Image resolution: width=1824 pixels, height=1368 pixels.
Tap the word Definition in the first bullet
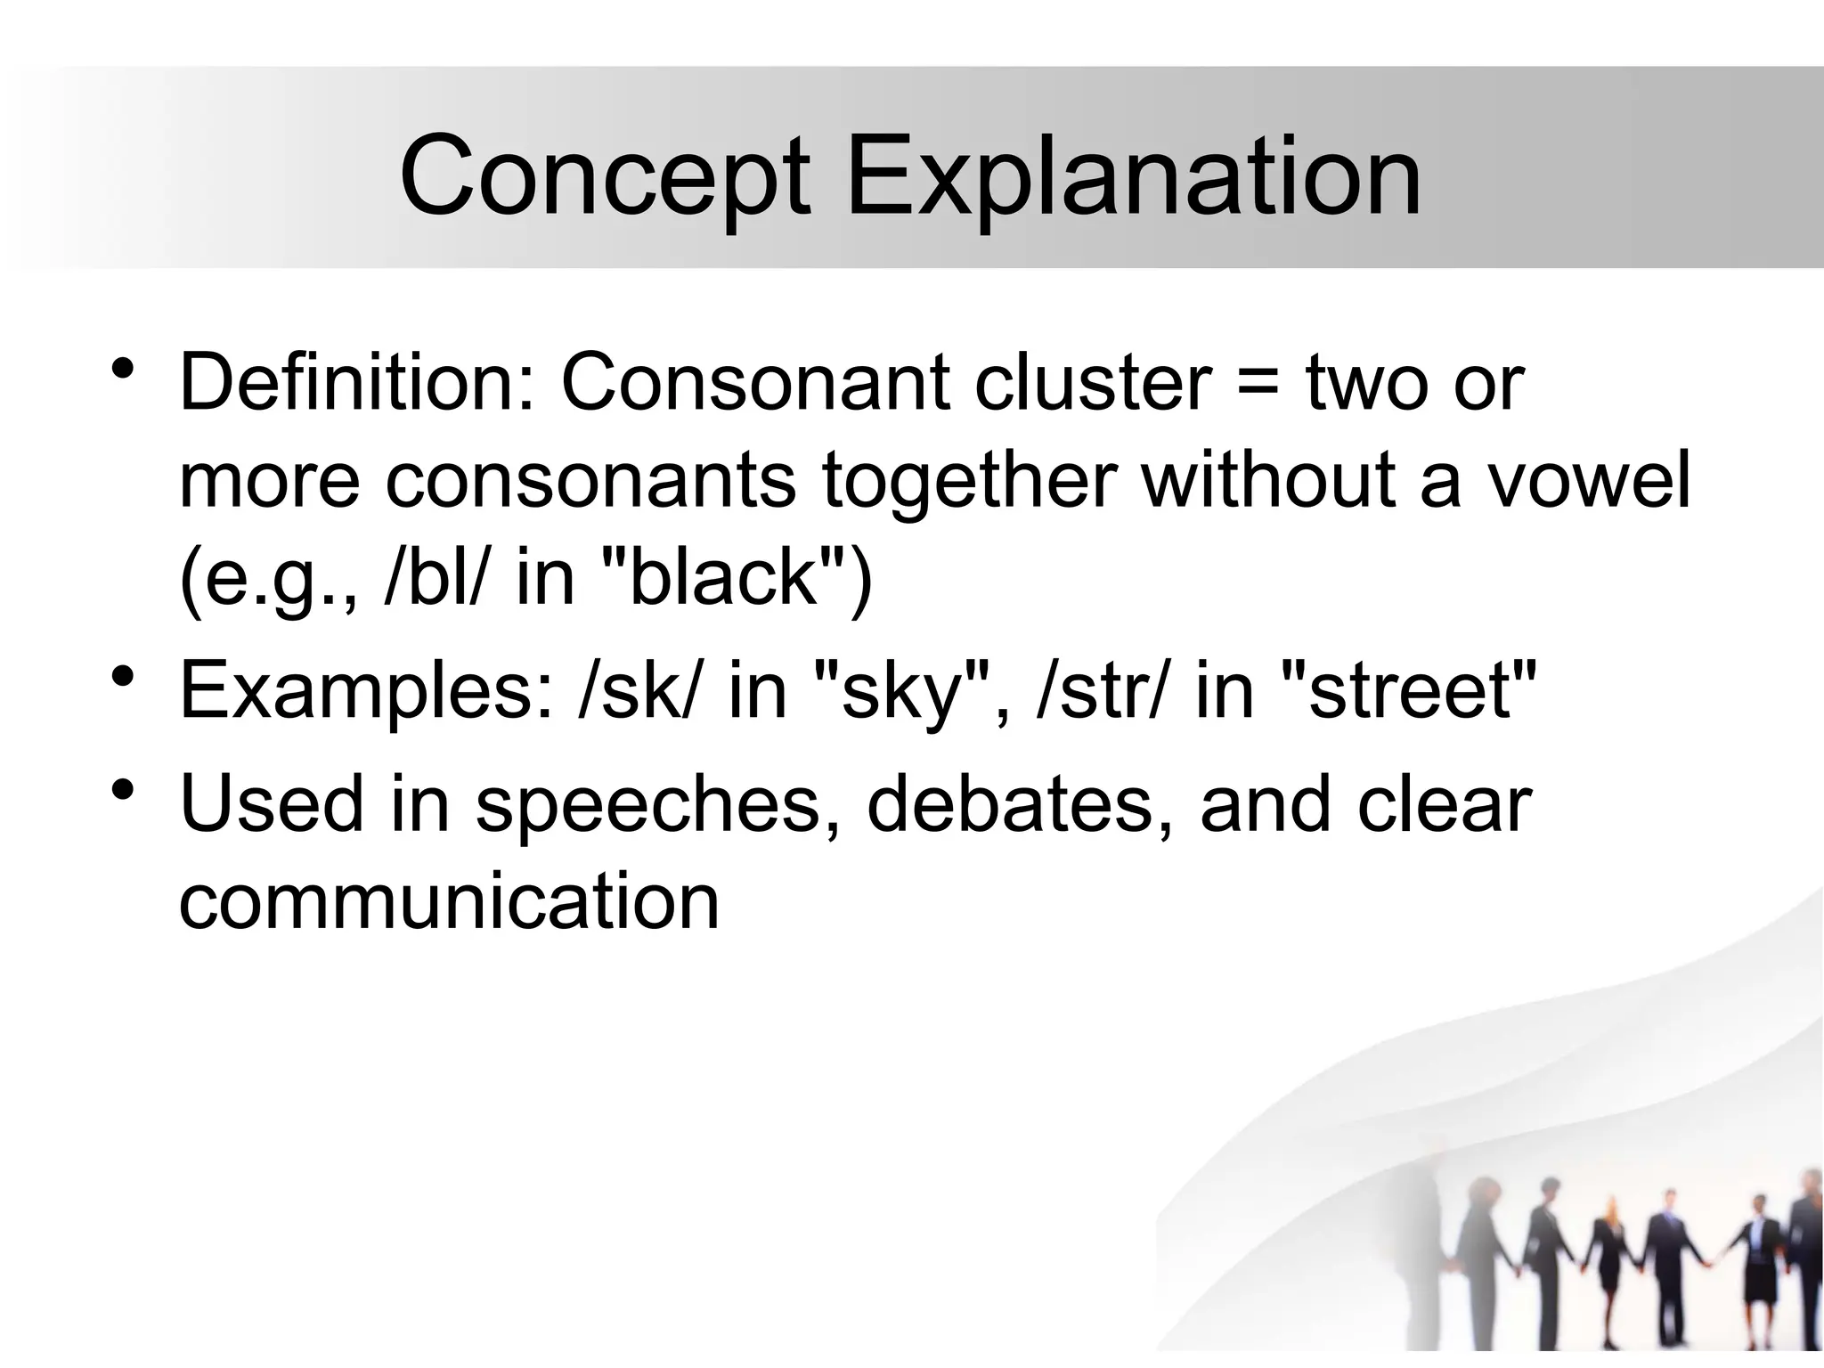point(357,383)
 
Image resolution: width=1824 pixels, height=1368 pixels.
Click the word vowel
point(1589,481)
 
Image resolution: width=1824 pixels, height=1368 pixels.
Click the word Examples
point(366,691)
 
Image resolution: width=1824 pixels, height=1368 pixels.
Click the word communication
point(449,901)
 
